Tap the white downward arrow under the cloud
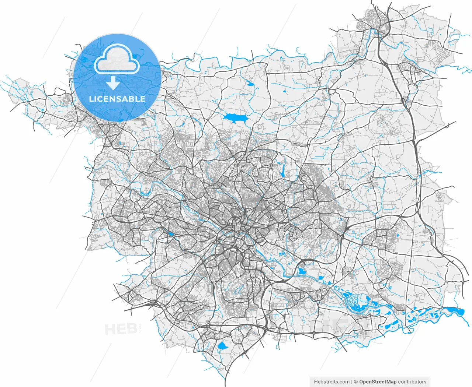click(x=113, y=84)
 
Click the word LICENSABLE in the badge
click(x=117, y=99)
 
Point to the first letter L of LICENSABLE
click(x=91, y=99)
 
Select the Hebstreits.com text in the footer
click(x=332, y=382)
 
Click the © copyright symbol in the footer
click(x=356, y=382)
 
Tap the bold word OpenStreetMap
click(x=378, y=382)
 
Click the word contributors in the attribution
click(x=412, y=382)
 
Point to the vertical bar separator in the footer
click(x=352, y=382)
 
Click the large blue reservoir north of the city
click(x=234, y=117)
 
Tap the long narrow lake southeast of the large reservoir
click(x=282, y=170)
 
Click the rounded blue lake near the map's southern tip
click(x=222, y=345)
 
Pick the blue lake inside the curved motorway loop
click(x=302, y=272)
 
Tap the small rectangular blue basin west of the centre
click(x=171, y=233)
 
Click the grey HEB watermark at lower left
click(x=116, y=329)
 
